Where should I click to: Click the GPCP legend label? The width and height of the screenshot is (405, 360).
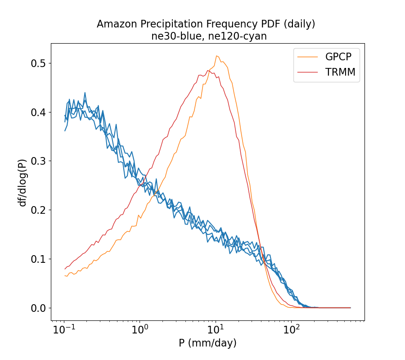(x=338, y=57)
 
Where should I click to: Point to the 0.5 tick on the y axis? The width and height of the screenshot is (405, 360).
(x=39, y=63)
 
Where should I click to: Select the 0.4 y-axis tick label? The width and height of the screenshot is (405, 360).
(x=39, y=112)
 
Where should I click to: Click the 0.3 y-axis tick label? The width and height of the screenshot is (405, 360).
(x=39, y=161)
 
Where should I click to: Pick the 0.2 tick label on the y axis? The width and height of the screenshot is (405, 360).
(x=39, y=210)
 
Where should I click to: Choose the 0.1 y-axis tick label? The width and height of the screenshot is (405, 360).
(x=39, y=259)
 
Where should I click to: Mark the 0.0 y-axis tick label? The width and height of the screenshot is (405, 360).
(x=39, y=308)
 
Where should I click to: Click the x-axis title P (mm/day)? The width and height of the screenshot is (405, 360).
(x=207, y=343)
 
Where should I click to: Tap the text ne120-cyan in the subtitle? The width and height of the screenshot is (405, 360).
(x=241, y=36)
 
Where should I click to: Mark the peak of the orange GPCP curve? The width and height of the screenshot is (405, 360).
(x=217, y=56)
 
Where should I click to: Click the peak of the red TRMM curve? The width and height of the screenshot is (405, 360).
(x=208, y=70)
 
